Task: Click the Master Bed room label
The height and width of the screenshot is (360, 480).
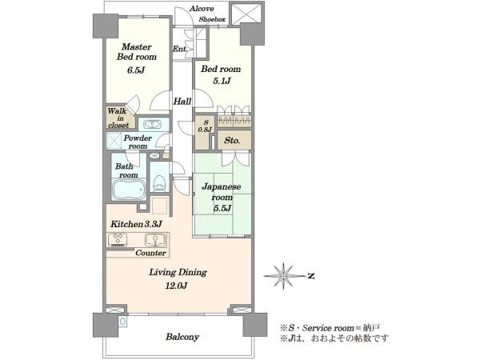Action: [x=137, y=52]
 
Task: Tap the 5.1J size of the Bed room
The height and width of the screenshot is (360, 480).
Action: [x=221, y=81]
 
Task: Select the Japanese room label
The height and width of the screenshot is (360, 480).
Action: [x=222, y=192]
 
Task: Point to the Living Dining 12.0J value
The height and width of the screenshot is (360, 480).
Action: [x=176, y=286]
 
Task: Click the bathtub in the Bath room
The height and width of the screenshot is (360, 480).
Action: [x=129, y=190]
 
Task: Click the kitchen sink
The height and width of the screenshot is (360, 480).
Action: [x=155, y=240]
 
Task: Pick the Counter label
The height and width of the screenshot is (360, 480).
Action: [x=150, y=253]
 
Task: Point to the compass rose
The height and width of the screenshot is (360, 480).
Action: [x=284, y=276]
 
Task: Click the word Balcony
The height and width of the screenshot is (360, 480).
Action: [x=182, y=337]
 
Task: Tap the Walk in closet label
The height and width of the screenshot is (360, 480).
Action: [x=118, y=118]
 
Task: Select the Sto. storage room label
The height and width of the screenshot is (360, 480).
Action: [x=232, y=141]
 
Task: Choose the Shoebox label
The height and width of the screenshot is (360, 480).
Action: [x=212, y=19]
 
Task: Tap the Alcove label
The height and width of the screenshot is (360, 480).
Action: [x=202, y=9]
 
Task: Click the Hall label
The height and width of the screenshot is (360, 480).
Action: [x=182, y=102]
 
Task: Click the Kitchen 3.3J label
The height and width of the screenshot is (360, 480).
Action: [x=136, y=224]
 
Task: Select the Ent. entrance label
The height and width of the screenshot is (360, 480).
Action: [x=180, y=49]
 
